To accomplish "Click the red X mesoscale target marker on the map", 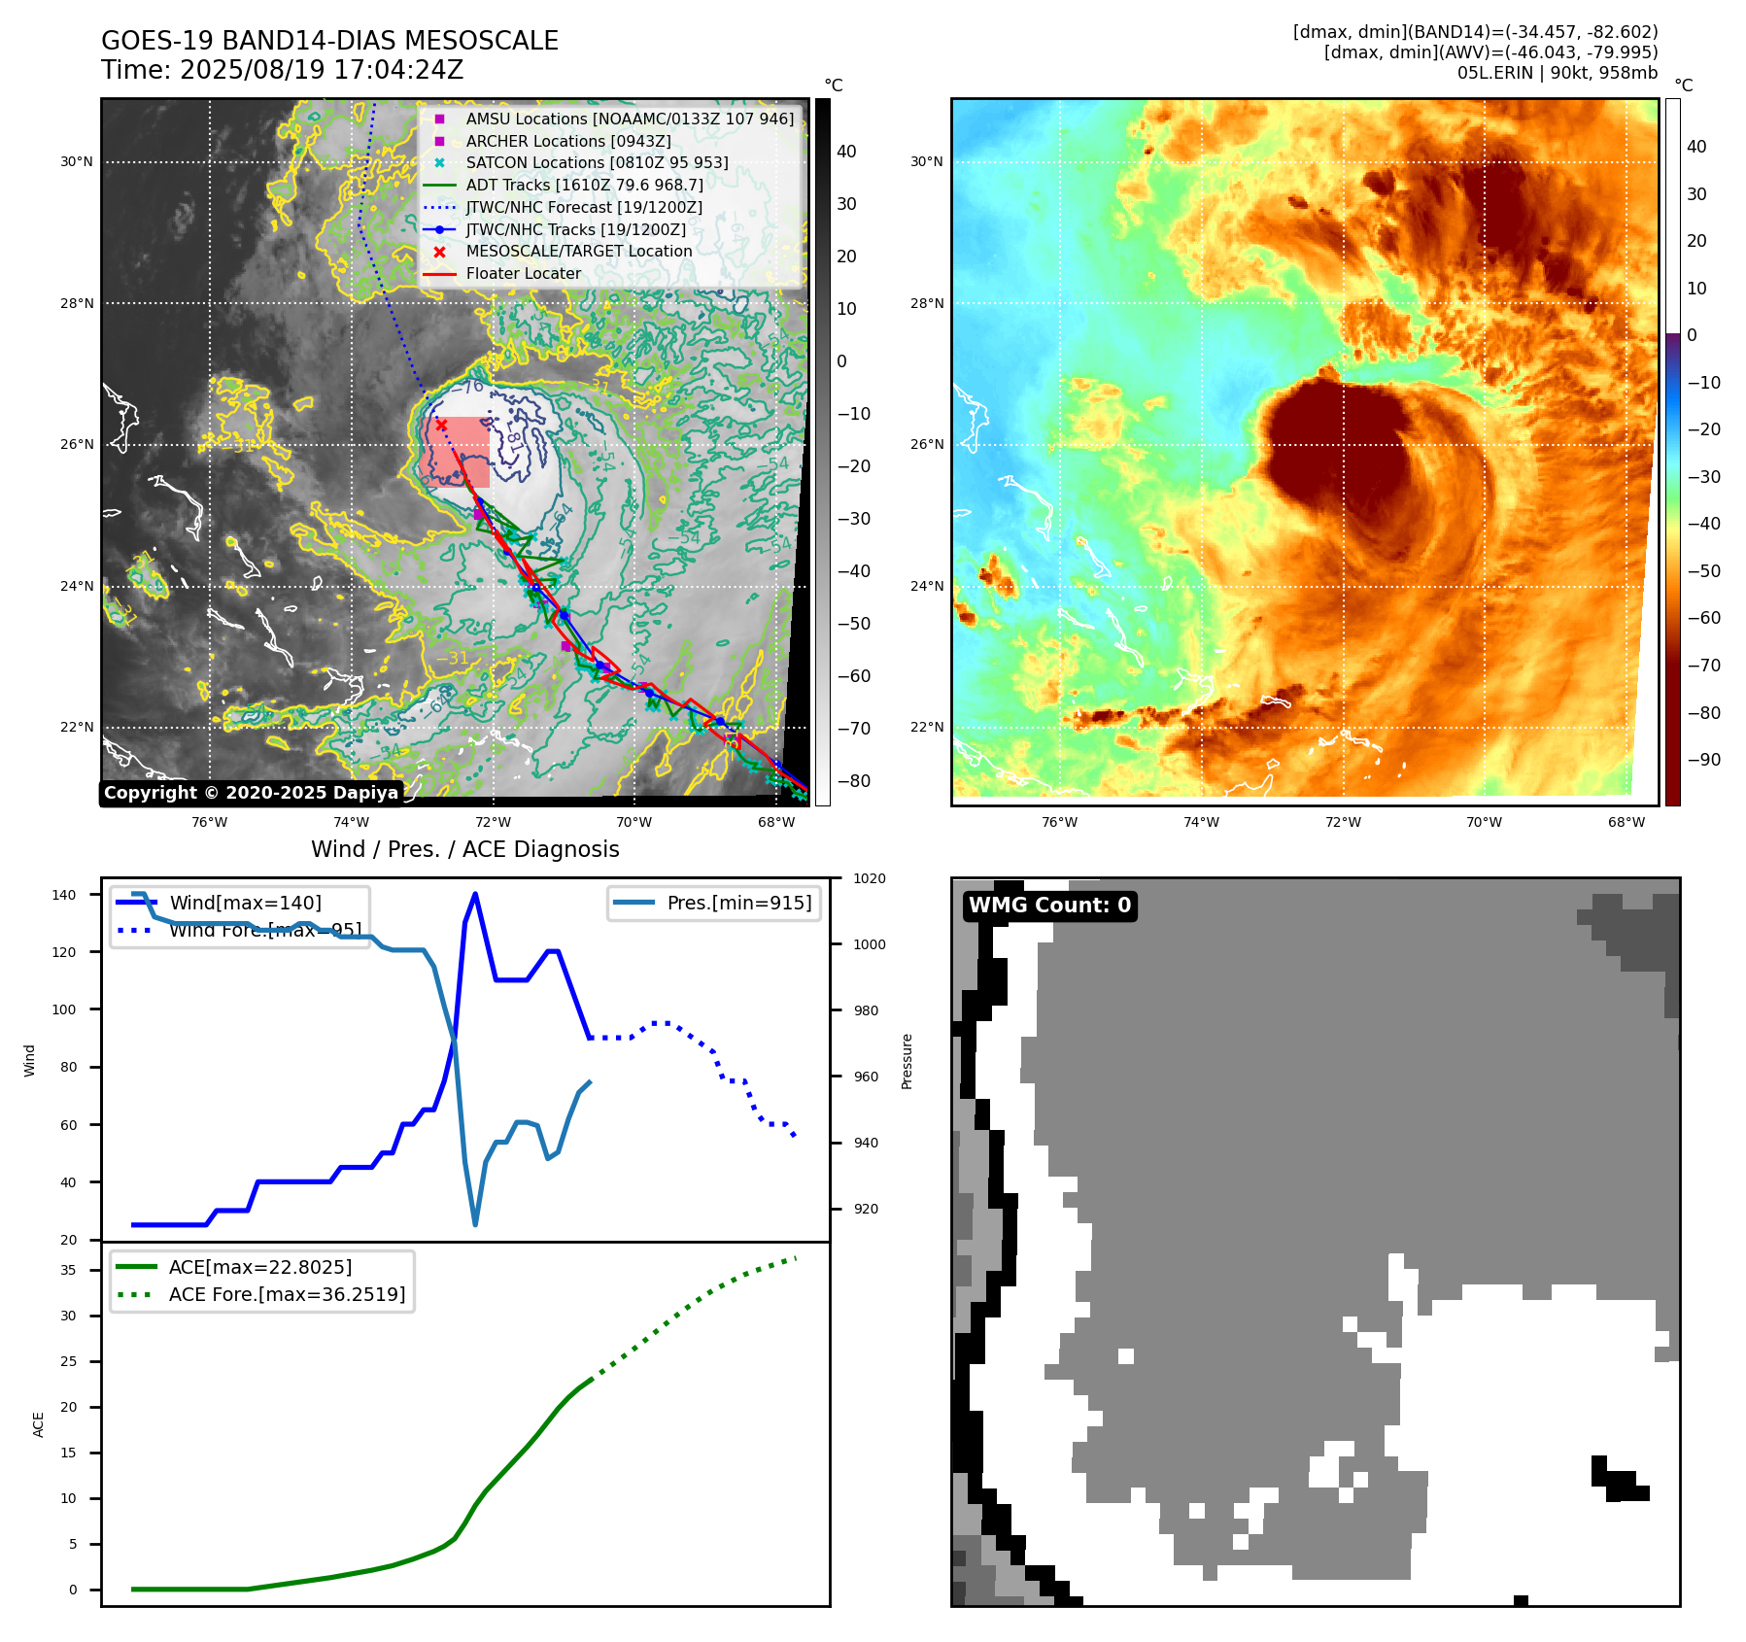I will pyautogui.click(x=441, y=425).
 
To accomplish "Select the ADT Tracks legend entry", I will pyautogui.click(x=584, y=185).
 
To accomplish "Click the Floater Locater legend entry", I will pyautogui.click(x=523, y=273).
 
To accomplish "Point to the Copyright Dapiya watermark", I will pyautogui.click(x=251, y=793).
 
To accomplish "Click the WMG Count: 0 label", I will pyautogui.click(x=1049, y=906).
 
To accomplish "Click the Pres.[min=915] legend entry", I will pyautogui.click(x=738, y=903).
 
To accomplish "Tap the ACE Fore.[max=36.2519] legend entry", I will pyautogui.click(x=287, y=1294).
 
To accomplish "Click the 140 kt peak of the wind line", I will pyautogui.click(x=475, y=894).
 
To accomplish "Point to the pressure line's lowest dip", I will pyautogui.click(x=475, y=1224).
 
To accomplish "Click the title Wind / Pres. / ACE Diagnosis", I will pyautogui.click(x=464, y=849).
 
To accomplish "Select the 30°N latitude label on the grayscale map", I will pyautogui.click(x=77, y=162).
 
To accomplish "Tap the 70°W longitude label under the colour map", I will pyautogui.click(x=1484, y=822).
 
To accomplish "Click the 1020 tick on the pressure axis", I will pyautogui.click(x=869, y=878).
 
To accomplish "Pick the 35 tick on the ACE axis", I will pyautogui.click(x=68, y=1270).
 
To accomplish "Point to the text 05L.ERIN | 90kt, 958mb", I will pyautogui.click(x=1557, y=73).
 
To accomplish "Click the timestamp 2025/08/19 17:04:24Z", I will pyautogui.click(x=322, y=70).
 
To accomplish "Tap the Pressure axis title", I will pyautogui.click(x=907, y=1061).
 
